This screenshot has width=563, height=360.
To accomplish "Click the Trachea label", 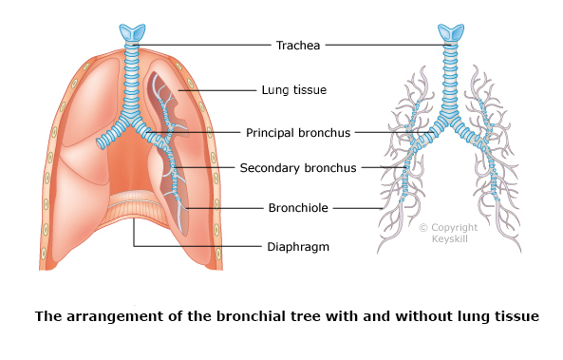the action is [296, 45].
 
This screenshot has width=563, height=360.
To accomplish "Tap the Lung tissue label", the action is [293, 90].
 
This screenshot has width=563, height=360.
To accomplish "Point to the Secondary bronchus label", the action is [297, 168].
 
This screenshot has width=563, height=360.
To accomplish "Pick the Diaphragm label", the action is [295, 247].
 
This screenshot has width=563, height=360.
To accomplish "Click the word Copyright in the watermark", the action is [454, 228].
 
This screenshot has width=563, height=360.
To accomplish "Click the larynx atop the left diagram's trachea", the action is [134, 32].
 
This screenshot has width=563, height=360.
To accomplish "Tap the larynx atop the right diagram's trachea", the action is [449, 32].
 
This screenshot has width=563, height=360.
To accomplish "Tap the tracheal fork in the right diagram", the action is [448, 122].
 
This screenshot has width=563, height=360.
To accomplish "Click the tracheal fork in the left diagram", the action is [133, 121].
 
